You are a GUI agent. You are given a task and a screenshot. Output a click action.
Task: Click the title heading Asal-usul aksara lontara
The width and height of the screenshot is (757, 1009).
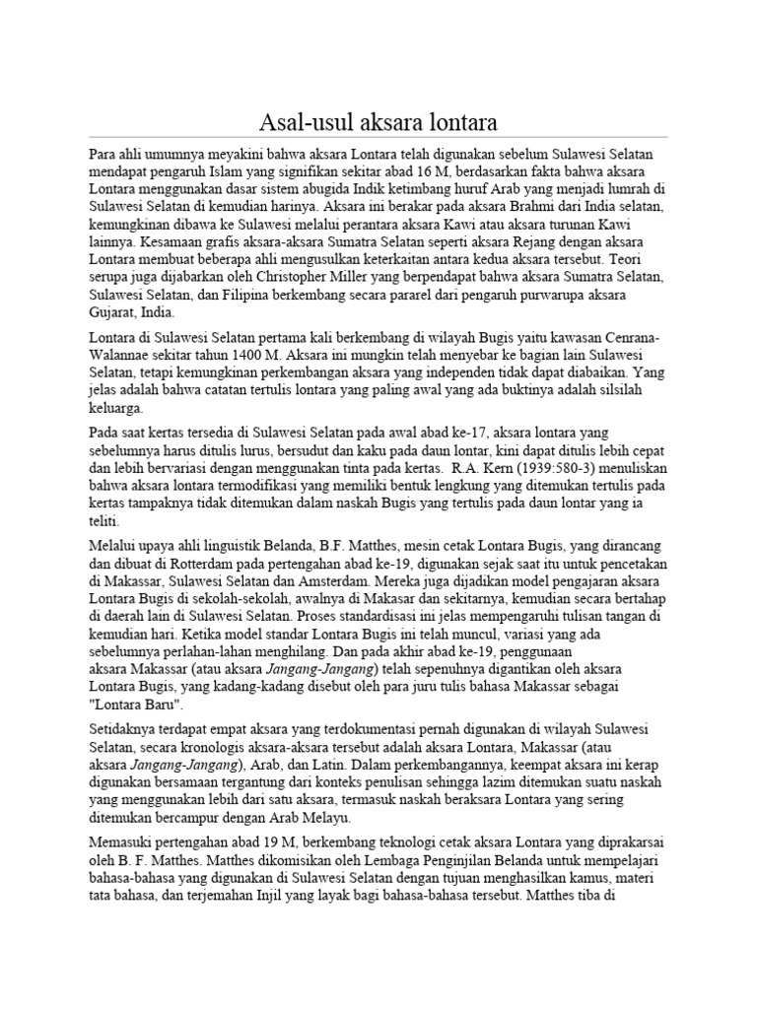(x=378, y=123)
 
